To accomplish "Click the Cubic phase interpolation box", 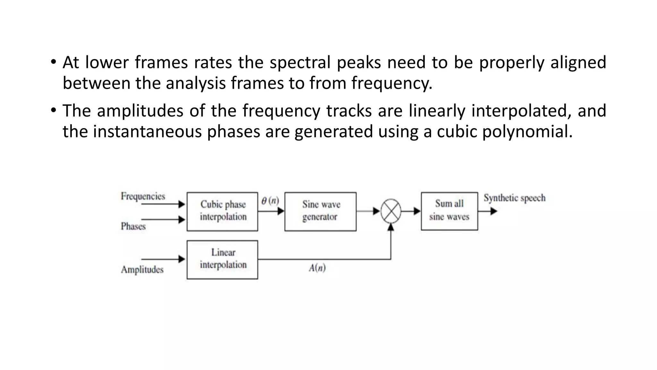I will click(222, 211).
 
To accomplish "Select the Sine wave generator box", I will click(320, 211).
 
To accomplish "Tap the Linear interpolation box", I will click(222, 260).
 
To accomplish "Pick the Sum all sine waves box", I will click(449, 211).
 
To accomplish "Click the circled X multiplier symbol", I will click(391, 211).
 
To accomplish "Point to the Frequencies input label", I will click(143, 196).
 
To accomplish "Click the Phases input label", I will click(133, 226).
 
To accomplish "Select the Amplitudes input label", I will click(142, 269).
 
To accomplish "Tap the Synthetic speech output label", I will click(515, 198).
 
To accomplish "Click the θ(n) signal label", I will click(270, 201).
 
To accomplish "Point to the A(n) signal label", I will click(317, 268).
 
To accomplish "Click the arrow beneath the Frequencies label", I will click(163, 204).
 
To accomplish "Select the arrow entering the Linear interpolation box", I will click(163, 259).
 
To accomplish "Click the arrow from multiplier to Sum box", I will click(411, 211).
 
